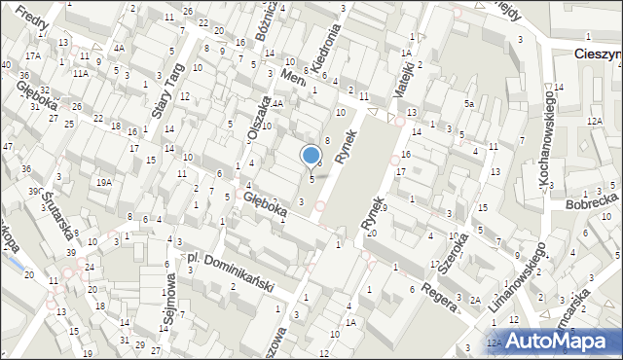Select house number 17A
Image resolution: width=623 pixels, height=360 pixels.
[x=33, y=56]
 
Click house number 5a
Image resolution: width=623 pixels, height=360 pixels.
[x=468, y=103]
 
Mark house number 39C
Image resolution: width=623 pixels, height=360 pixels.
[x=35, y=192]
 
